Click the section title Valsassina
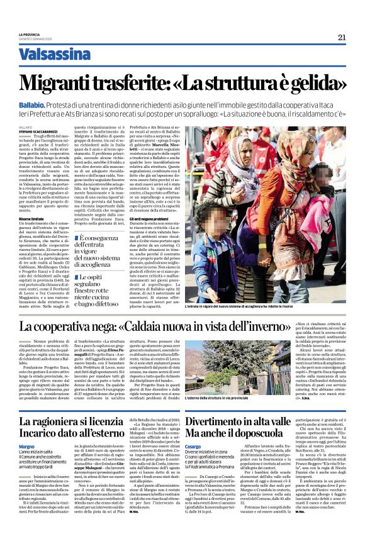coord(55,54)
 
